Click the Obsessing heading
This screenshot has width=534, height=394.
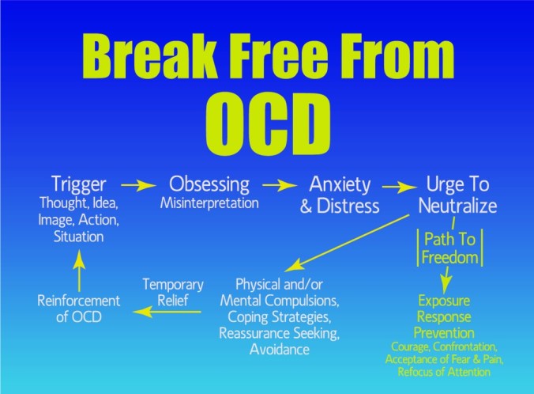click(209, 184)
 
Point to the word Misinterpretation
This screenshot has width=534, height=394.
click(209, 203)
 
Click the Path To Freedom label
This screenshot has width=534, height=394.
click(449, 248)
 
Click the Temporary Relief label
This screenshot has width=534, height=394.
click(172, 291)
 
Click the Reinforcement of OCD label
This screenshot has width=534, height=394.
click(78, 308)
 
